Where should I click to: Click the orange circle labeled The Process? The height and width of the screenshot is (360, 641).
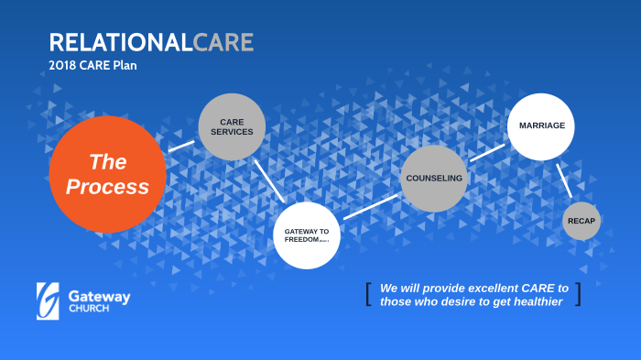pyautogui.click(x=107, y=175)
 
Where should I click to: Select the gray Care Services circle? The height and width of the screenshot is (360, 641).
pyautogui.click(x=232, y=126)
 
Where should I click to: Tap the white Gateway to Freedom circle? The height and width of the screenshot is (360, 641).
pyautogui.click(x=307, y=235)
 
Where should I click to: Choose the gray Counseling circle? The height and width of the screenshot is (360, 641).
pyautogui.click(x=433, y=179)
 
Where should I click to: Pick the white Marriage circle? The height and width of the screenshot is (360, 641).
pyautogui.click(x=541, y=125)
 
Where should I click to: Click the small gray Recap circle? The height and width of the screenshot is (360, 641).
pyautogui.click(x=581, y=221)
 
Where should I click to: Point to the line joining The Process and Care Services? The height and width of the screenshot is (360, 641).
pyautogui.click(x=181, y=146)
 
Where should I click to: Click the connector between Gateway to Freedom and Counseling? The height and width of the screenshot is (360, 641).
pyautogui.click(x=370, y=206)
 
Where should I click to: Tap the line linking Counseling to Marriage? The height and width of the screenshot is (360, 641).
pyautogui.click(x=487, y=151)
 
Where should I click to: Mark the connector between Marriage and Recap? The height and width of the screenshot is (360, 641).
pyautogui.click(x=564, y=186)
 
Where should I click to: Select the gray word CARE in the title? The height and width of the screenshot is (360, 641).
pyautogui.click(x=223, y=42)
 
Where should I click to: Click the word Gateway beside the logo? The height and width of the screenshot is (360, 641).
pyautogui.click(x=99, y=297)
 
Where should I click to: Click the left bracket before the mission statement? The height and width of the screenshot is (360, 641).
pyautogui.click(x=368, y=294)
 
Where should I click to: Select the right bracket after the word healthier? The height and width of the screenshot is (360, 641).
pyautogui.click(x=578, y=294)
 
